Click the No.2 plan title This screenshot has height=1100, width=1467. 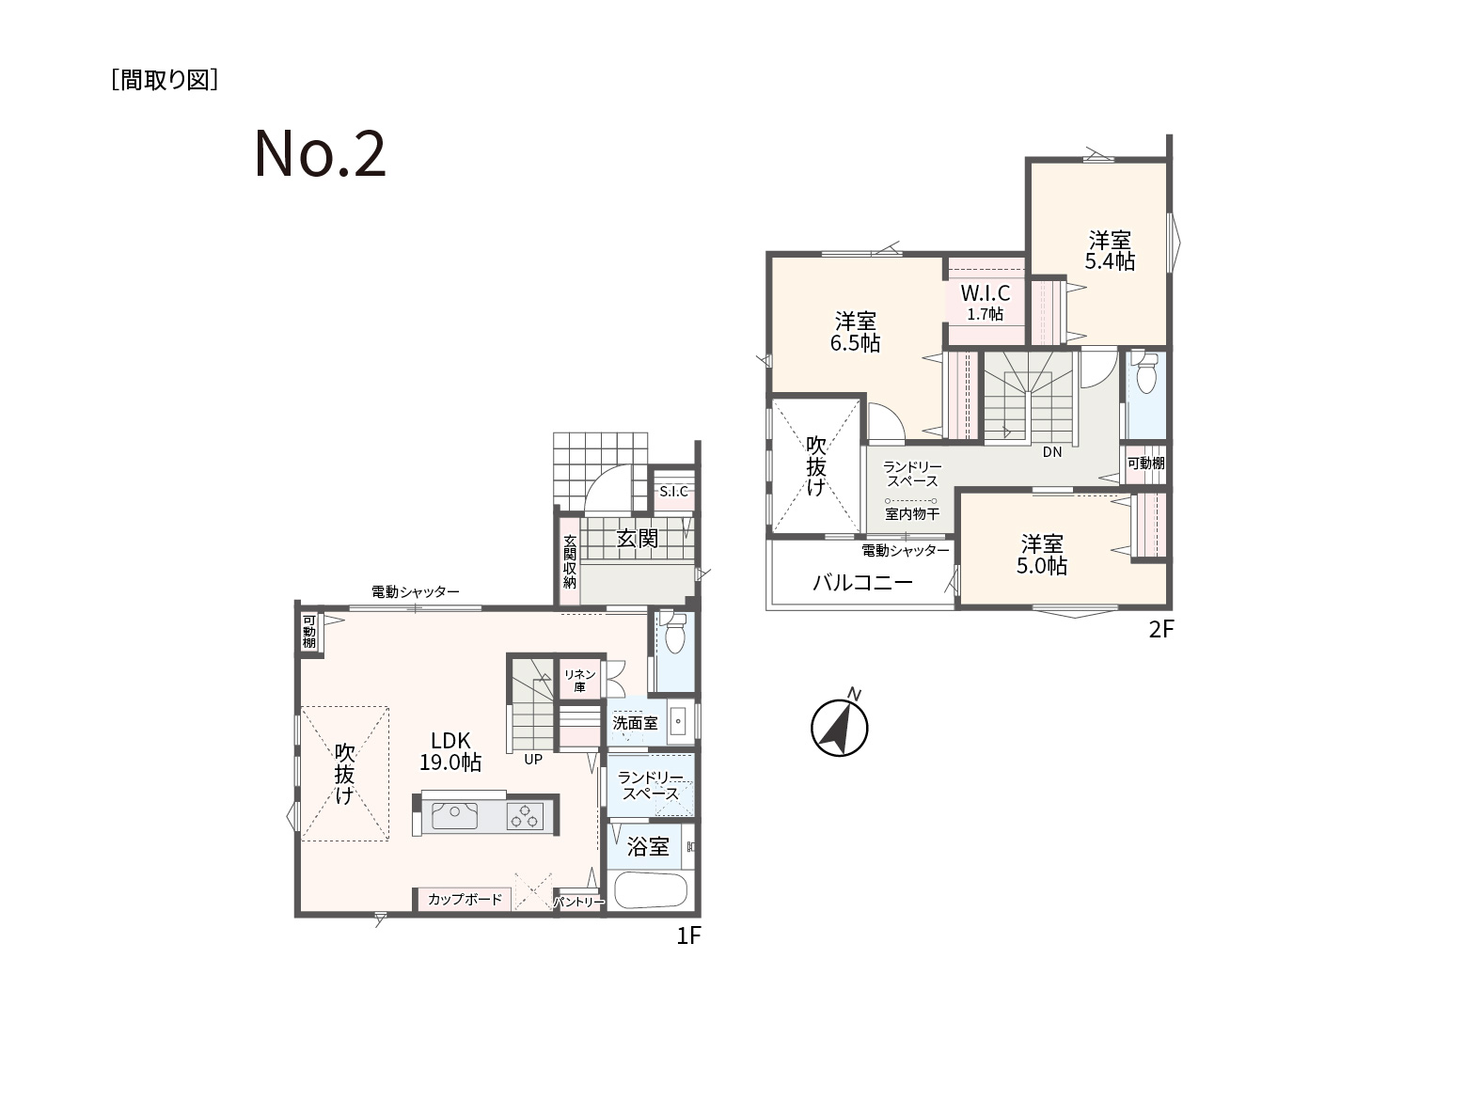pyautogui.click(x=320, y=154)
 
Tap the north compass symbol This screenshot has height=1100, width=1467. pyautogui.click(x=840, y=727)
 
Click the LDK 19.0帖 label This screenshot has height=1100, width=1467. pyautogui.click(x=450, y=751)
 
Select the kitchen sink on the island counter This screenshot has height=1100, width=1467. pyautogui.click(x=454, y=816)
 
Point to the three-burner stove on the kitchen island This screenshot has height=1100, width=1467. pyautogui.click(x=525, y=816)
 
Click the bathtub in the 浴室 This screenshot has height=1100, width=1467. pyautogui.click(x=651, y=890)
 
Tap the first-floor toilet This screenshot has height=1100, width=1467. pyautogui.click(x=674, y=633)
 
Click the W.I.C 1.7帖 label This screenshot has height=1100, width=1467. pyautogui.click(x=986, y=303)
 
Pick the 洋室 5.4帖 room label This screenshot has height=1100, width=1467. pyautogui.click(x=1110, y=250)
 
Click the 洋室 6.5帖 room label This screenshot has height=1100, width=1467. pyautogui.click(x=856, y=332)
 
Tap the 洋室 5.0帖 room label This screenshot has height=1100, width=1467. pyautogui.click(x=1042, y=555)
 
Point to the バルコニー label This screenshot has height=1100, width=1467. pyautogui.click(x=863, y=583)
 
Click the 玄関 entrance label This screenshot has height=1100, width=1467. pyautogui.click(x=638, y=539)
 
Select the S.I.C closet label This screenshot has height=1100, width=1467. pyautogui.click(x=673, y=492)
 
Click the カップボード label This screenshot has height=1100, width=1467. pyautogui.click(x=465, y=899)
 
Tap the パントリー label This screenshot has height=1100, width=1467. pyautogui.click(x=578, y=903)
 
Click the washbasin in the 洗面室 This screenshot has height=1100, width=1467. pyautogui.click(x=678, y=721)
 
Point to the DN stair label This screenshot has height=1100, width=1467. pyautogui.click(x=1052, y=452)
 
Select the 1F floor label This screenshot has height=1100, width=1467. pyautogui.click(x=688, y=935)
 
